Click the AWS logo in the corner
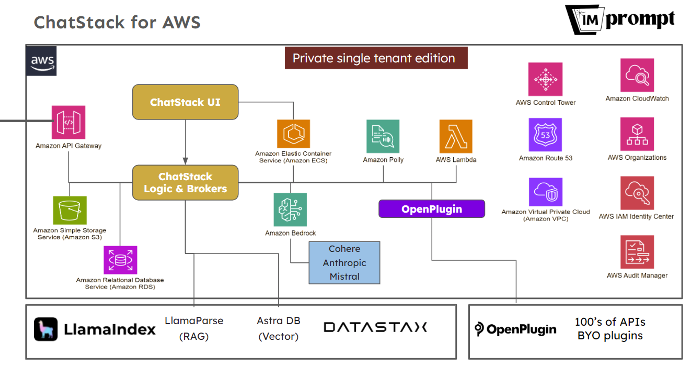click(41, 61)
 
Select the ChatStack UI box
click(185, 102)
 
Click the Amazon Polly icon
click(383, 136)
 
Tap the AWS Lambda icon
click(456, 136)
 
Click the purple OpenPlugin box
click(431, 209)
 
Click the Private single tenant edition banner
click(376, 58)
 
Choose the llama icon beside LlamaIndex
click(46, 329)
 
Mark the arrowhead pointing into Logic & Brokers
click(185, 161)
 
